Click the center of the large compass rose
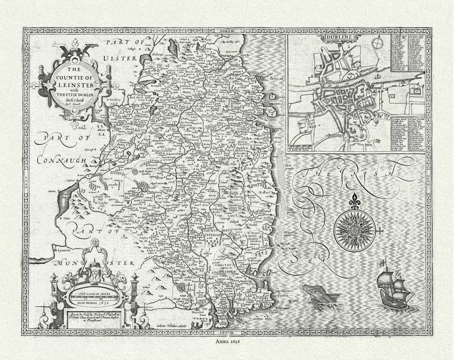pyautogui.click(x=354, y=230)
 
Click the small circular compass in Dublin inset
pyautogui.click(x=377, y=44)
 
